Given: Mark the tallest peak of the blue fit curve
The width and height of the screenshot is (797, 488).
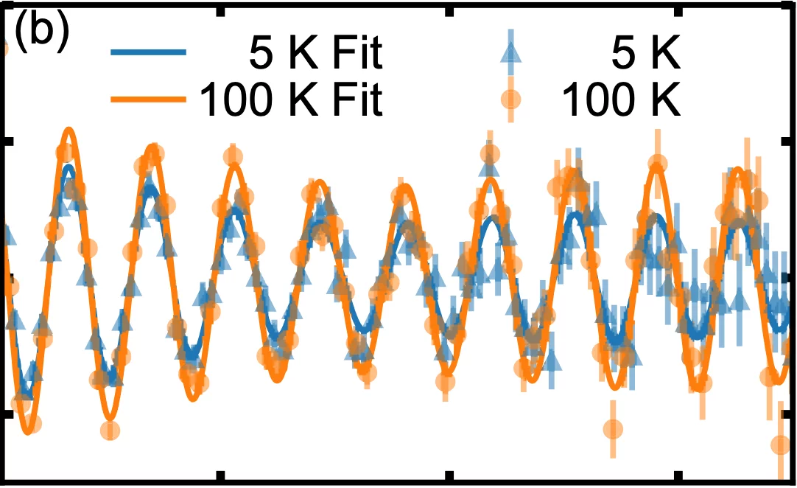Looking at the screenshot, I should tap(69, 167).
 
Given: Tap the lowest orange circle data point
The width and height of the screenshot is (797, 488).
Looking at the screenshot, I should tap(781, 445).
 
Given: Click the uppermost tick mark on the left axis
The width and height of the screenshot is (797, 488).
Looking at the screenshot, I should tap(6, 140).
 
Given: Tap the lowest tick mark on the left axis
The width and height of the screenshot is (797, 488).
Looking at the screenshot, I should tap(6, 414).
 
